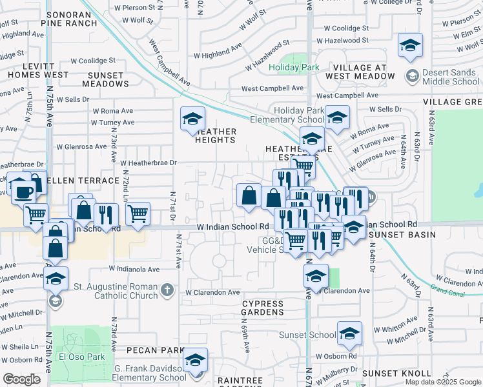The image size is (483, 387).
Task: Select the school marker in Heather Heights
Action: (x=192, y=119)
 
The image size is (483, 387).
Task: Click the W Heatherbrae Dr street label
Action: (x=148, y=163)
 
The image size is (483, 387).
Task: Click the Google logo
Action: (x=21, y=379)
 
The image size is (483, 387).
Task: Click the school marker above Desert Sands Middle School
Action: (x=409, y=46)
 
